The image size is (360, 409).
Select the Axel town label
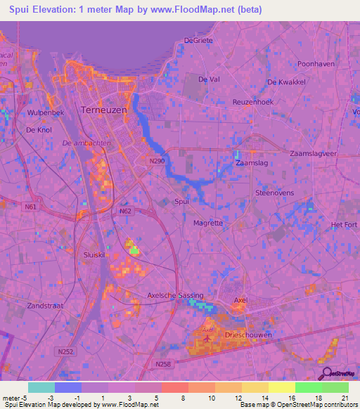[x=240, y=300]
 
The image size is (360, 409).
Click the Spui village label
[x=181, y=202]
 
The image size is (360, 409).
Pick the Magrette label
[x=207, y=223]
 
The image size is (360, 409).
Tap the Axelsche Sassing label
[x=175, y=296]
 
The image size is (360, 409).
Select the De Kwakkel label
[x=285, y=82]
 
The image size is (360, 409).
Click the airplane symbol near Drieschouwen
[x=207, y=339]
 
